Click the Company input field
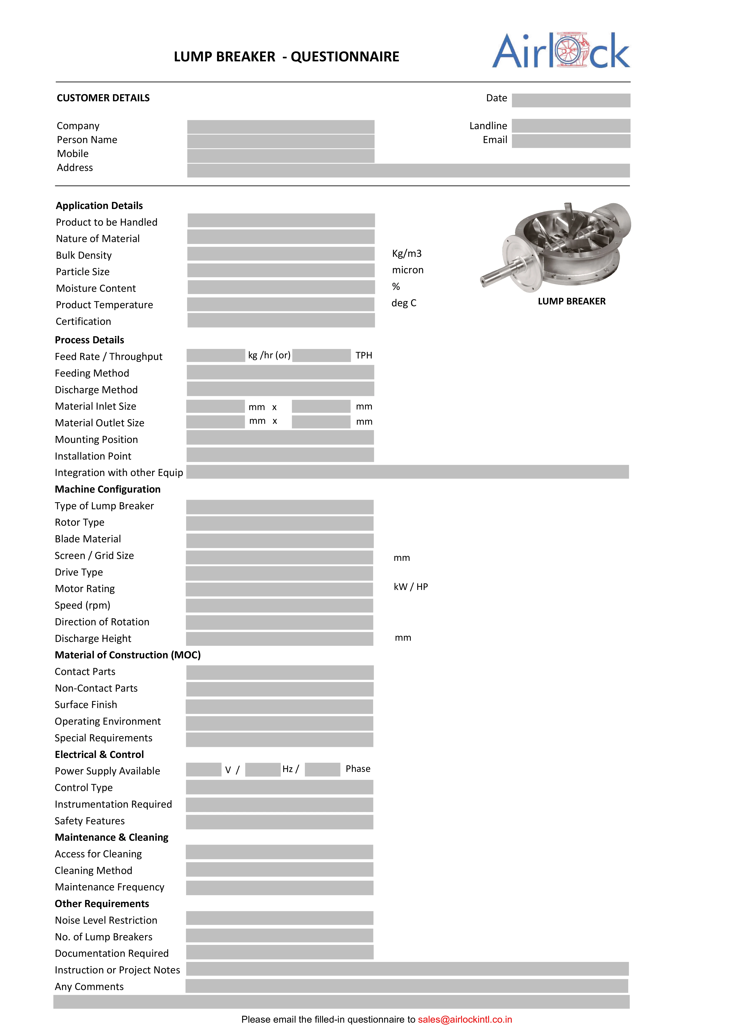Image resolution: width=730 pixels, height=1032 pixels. [281, 126]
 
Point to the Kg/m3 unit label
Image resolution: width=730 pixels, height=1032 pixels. [407, 253]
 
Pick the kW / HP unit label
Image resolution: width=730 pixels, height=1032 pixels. [411, 587]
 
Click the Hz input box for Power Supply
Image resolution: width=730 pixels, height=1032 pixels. [263, 770]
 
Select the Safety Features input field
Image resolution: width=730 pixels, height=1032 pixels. [279, 822]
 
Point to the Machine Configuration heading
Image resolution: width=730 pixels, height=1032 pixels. [108, 489]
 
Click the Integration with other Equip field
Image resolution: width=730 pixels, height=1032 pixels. [407, 472]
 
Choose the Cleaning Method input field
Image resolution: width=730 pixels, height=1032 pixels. [279, 870]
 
